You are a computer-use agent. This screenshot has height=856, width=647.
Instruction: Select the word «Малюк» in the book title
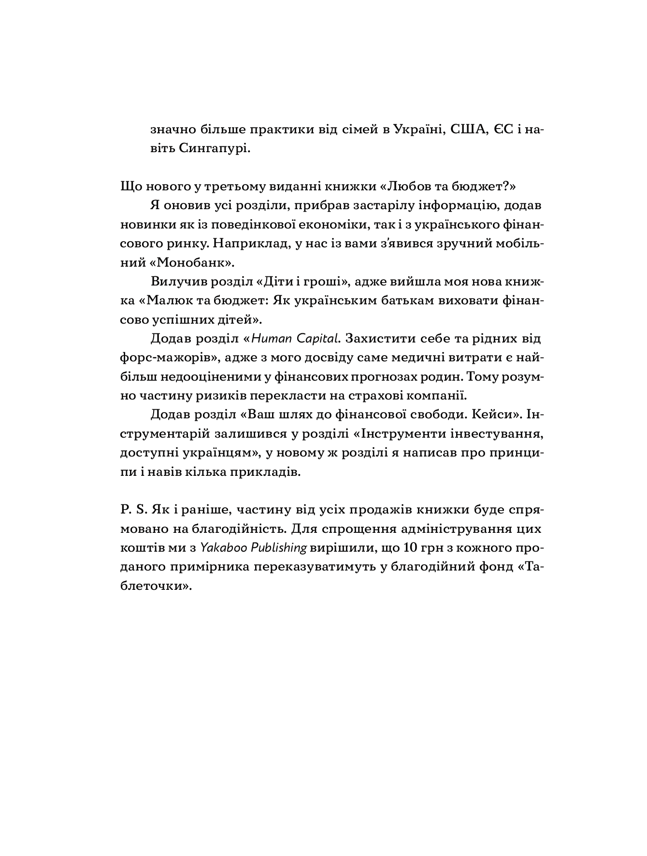(165, 300)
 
